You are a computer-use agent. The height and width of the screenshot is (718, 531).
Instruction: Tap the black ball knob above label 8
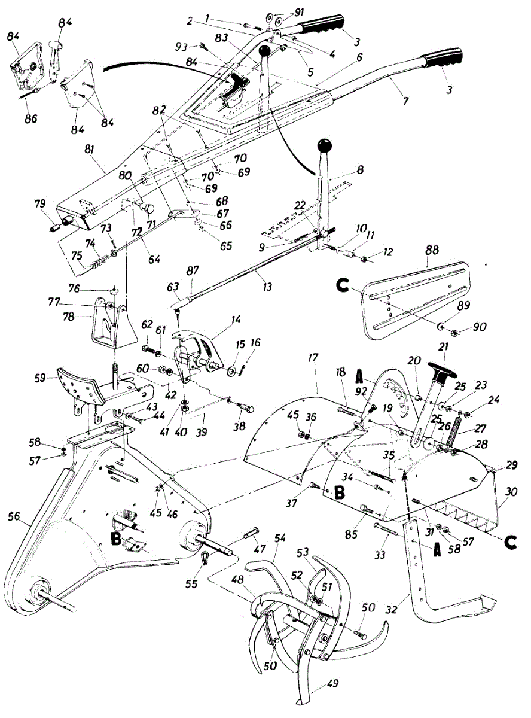[325, 145]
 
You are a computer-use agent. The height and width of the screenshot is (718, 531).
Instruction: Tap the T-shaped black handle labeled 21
[441, 368]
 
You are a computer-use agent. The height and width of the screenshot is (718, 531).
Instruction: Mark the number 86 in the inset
[30, 118]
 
